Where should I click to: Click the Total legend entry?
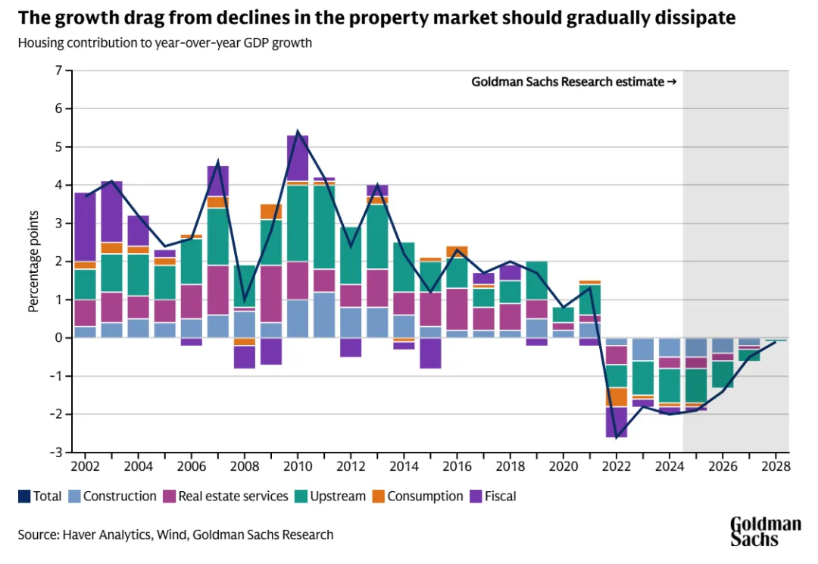[x=39, y=497]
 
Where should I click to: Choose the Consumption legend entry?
[x=418, y=497]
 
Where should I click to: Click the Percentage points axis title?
[x=33, y=262]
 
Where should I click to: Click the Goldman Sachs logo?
[x=765, y=531]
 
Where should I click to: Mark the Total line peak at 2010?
[x=297, y=132]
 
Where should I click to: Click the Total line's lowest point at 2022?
[x=617, y=437]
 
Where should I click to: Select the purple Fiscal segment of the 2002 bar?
[x=85, y=227]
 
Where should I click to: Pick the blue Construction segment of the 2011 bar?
[x=323, y=315]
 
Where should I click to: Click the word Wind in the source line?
[x=171, y=534]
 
